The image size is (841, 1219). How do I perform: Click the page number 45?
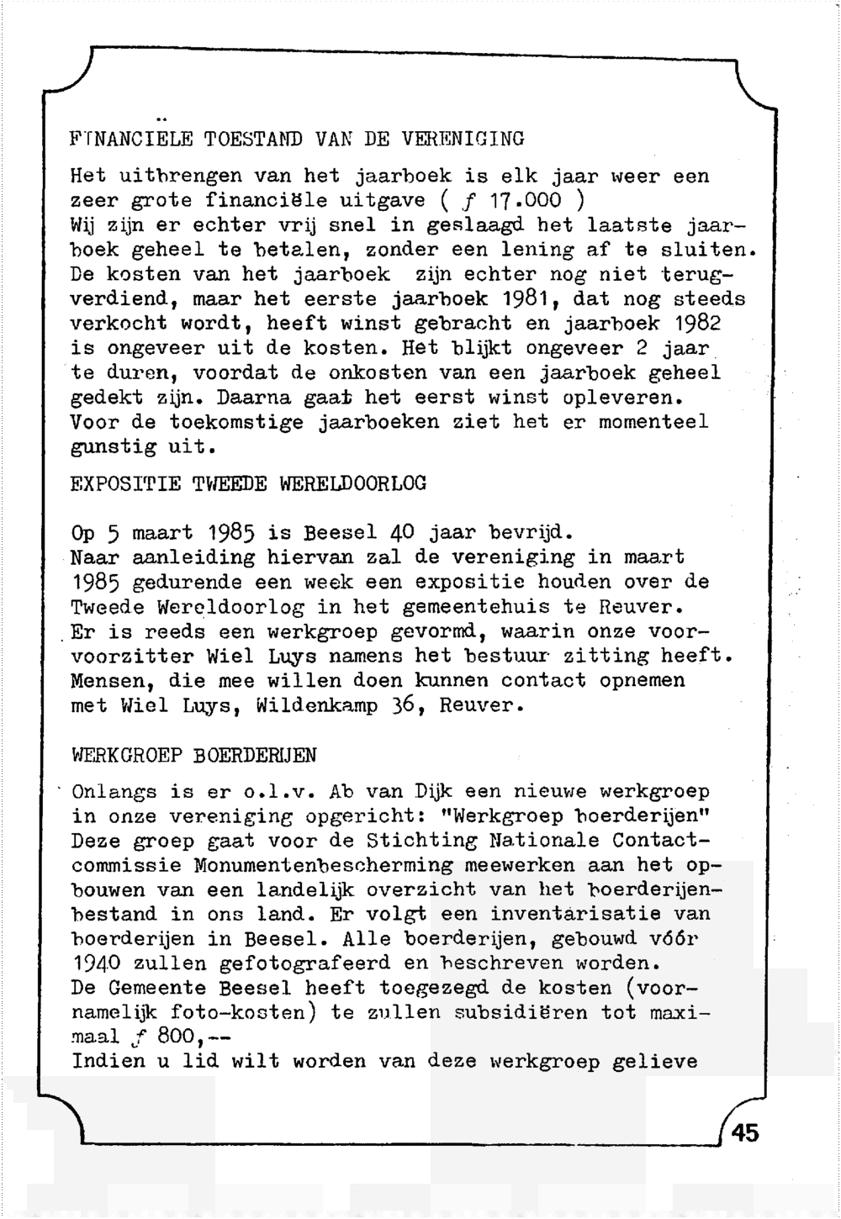point(745,1132)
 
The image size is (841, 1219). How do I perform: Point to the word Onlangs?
point(114,792)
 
